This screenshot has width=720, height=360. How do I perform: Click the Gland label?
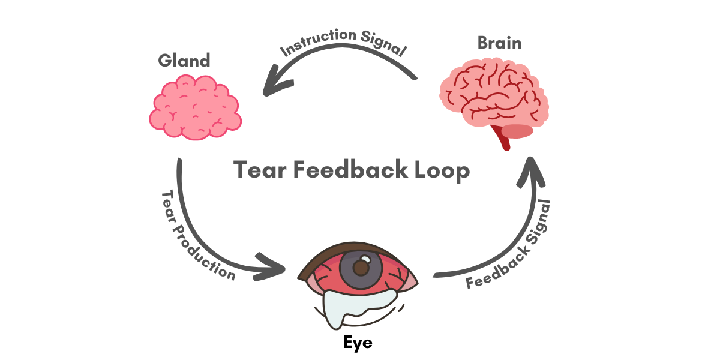coord(184,60)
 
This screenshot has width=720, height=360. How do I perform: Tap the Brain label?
coord(499,43)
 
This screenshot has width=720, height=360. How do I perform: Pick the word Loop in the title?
coord(445,170)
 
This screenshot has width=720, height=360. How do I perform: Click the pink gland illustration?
coord(195,107)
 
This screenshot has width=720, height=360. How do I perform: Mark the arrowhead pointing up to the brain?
coord(531,170)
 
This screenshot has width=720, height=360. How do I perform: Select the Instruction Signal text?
coord(343,43)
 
